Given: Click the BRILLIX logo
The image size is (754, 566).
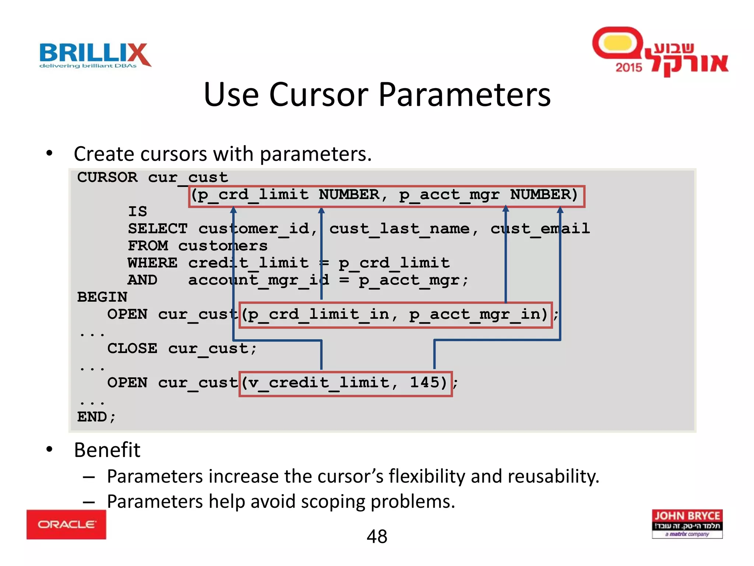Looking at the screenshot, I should (x=95, y=55).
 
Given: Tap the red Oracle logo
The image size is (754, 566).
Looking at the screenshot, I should (x=66, y=524).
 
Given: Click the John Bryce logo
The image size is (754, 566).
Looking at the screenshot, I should (x=687, y=523).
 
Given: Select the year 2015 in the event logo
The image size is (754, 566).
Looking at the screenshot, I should (x=628, y=67).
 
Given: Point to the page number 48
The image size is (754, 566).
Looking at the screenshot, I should (x=377, y=536).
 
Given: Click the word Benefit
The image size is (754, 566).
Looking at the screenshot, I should (x=107, y=450).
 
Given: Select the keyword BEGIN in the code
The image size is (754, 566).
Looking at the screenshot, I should (x=102, y=297).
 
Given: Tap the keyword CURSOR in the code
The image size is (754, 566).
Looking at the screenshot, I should (x=107, y=177).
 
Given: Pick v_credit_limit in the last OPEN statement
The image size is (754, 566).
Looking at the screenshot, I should (x=319, y=382).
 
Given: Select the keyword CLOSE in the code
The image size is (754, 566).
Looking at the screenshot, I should (x=132, y=348).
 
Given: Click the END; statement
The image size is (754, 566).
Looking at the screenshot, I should (x=96, y=417).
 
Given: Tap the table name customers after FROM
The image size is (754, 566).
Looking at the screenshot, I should (x=223, y=246).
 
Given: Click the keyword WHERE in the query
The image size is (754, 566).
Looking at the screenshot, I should (x=152, y=263).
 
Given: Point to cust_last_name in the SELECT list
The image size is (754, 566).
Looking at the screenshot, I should (x=399, y=229).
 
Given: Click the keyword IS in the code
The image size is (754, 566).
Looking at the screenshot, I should (x=137, y=212).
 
